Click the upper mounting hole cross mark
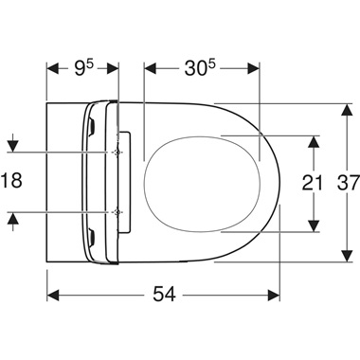pos(117,152)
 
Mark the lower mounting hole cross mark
pos(117,210)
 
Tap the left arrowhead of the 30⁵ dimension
pos(149,67)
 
